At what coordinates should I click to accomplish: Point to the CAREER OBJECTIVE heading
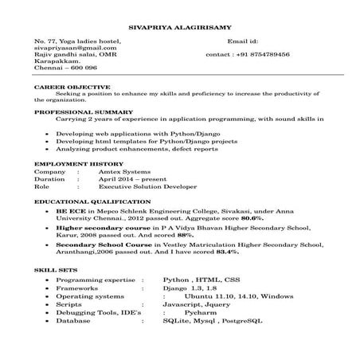pos(66,84)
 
